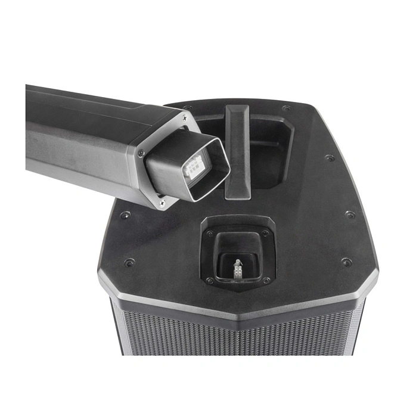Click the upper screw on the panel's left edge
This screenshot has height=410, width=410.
coord(124,215)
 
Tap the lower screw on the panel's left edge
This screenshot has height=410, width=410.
coord(129,262)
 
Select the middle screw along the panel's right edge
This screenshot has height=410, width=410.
coord(350,215)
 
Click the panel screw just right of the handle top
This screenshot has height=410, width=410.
coord(286,108)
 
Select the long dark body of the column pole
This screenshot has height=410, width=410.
coord(83,131)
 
